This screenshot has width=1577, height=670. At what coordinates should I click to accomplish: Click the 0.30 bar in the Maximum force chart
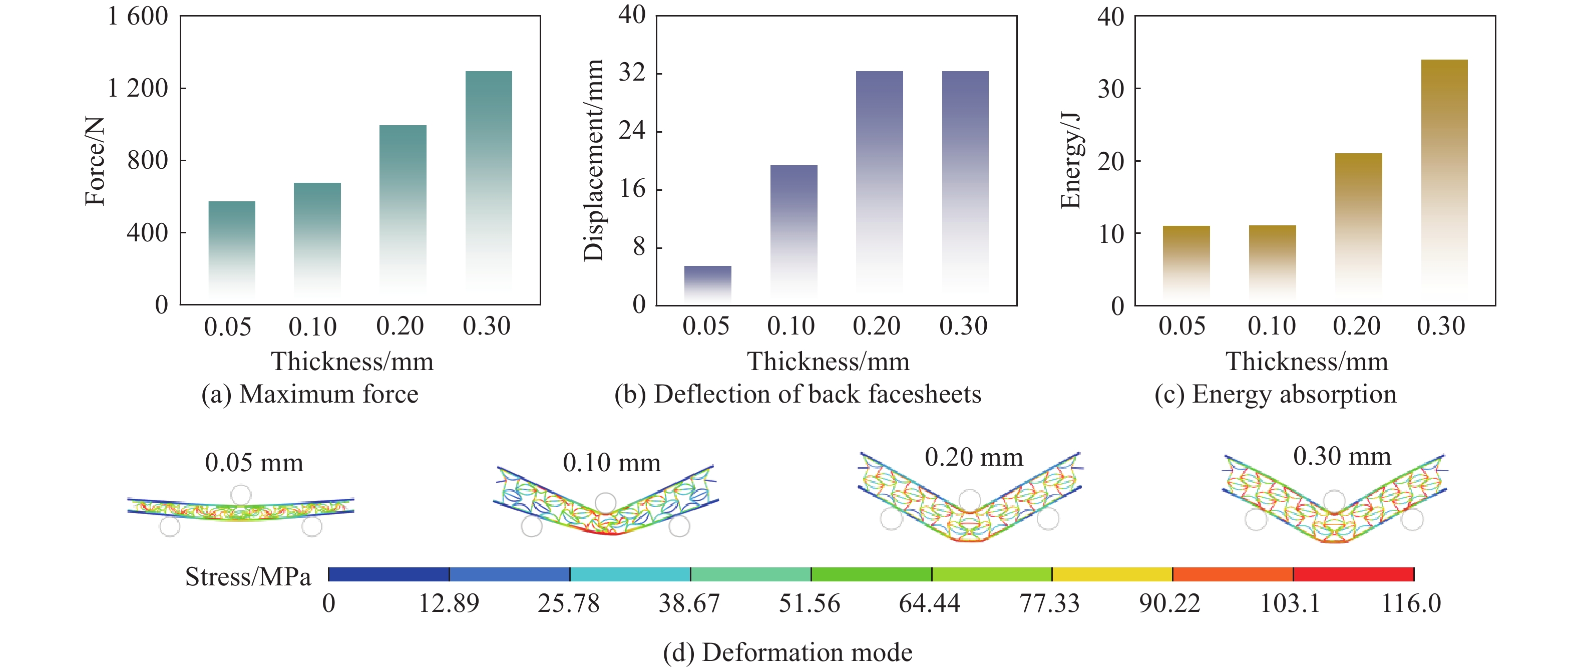coord(489,184)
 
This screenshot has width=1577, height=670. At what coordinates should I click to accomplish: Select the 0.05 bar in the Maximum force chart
coord(231,251)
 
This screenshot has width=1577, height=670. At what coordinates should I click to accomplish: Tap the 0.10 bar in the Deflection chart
coord(794,233)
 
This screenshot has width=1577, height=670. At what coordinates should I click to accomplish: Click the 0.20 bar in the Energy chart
coord(1358,227)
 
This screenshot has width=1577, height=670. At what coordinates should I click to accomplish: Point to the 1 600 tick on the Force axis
coord(138,17)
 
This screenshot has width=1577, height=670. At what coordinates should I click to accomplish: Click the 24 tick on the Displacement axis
coord(632,131)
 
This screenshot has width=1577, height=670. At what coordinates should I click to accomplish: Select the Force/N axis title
coord(95,161)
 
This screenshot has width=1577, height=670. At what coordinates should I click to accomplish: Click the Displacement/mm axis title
coord(593,160)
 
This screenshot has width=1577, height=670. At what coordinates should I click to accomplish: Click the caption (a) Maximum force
coord(310,395)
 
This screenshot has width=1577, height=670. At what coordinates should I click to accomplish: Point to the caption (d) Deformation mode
coord(787,653)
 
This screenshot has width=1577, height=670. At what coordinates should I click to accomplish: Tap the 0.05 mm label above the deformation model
coord(254,463)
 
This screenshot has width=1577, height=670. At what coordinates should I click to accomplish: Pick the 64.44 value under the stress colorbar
coord(929,604)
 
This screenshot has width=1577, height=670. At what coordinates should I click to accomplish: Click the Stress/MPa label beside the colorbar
coord(248,577)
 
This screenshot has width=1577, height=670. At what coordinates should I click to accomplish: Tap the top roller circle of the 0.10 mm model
coord(605,503)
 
